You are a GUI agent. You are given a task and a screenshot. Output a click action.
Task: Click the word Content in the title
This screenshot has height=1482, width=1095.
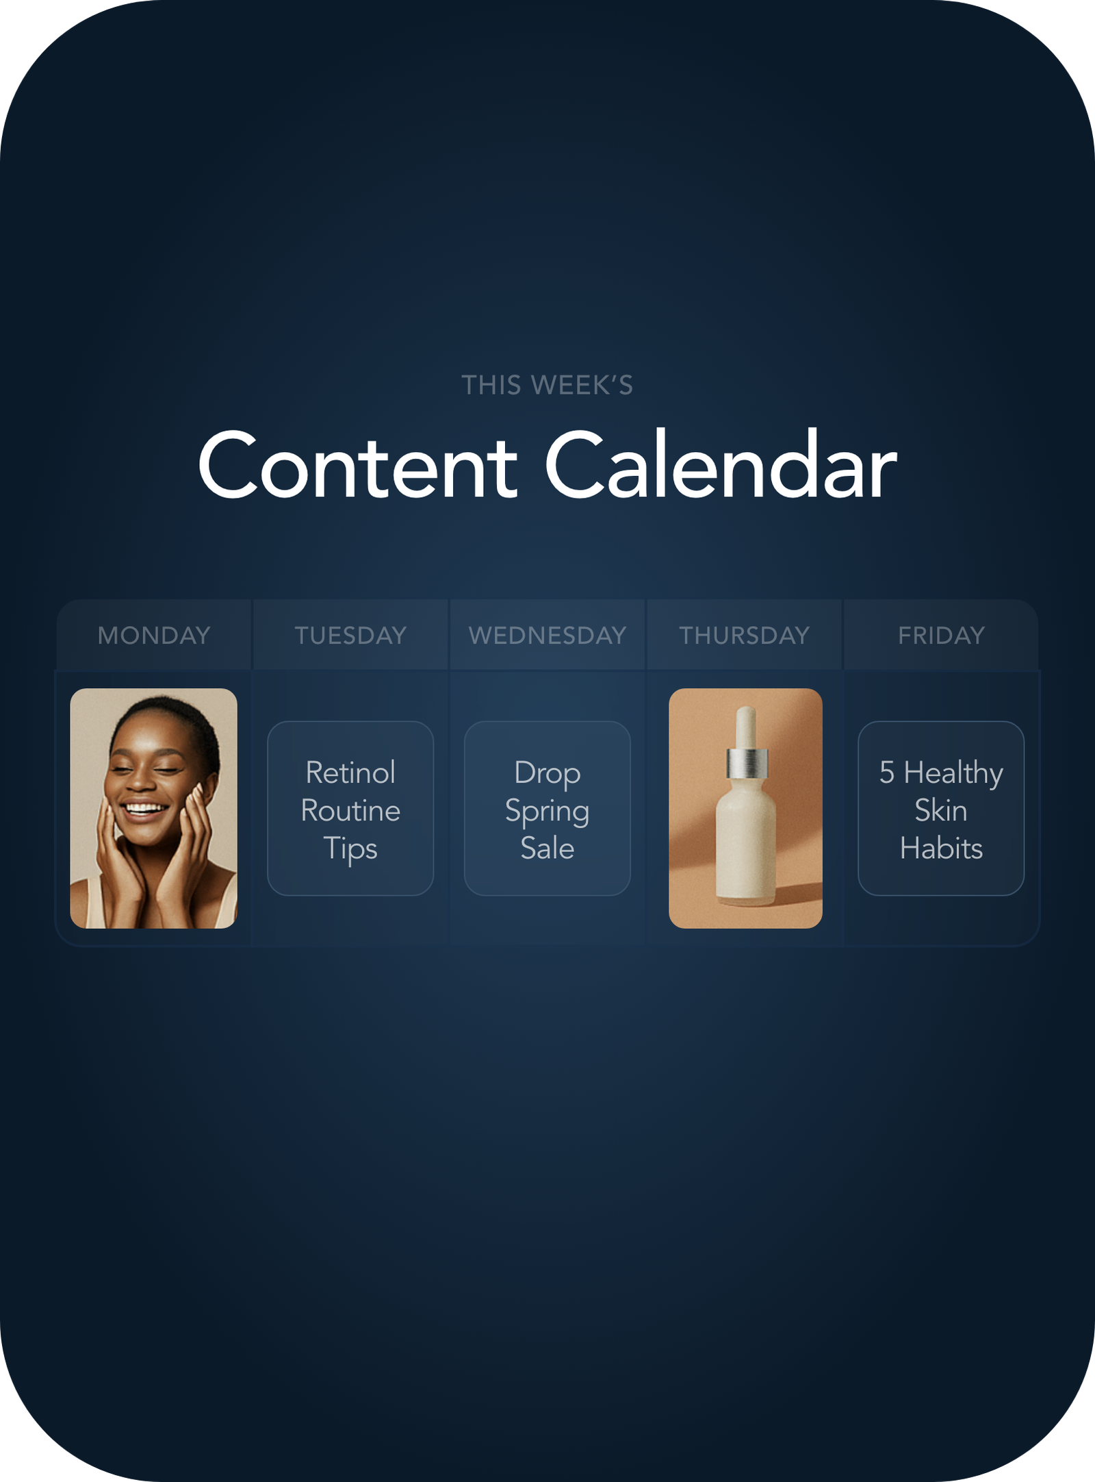click(x=357, y=466)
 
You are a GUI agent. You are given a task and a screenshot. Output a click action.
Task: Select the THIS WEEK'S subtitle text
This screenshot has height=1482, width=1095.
click(x=547, y=385)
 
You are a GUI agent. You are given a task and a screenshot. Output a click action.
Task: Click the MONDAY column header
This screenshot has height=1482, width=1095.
click(x=154, y=636)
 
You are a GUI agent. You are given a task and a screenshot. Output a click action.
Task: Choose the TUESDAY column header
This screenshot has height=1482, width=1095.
click(x=350, y=636)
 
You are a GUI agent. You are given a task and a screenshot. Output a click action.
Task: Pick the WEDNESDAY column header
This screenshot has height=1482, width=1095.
click(x=547, y=636)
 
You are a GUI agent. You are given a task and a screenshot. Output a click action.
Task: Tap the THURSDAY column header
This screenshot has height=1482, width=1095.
click(x=745, y=636)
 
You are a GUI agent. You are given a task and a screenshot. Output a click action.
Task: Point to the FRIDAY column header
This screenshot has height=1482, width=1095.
click(x=942, y=636)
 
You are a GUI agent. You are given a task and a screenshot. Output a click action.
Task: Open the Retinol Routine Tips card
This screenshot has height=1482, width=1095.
click(x=350, y=808)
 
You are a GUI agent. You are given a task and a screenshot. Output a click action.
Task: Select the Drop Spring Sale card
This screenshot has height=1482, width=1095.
click(x=547, y=808)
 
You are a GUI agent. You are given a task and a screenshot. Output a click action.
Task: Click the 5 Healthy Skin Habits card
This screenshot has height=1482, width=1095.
click(x=941, y=808)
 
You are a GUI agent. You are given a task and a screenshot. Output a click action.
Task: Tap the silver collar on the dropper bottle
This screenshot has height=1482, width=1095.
click(x=746, y=763)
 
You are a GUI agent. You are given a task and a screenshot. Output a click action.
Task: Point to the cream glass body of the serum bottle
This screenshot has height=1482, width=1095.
click(x=746, y=842)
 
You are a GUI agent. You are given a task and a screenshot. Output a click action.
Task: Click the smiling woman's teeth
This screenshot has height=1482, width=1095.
click(x=144, y=809)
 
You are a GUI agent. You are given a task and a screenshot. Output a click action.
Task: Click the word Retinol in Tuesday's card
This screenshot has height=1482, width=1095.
click(x=350, y=773)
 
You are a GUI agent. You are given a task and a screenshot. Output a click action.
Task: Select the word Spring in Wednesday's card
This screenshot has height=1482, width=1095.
click(x=547, y=812)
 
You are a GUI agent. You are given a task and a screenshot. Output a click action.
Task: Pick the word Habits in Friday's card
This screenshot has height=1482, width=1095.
click(x=942, y=849)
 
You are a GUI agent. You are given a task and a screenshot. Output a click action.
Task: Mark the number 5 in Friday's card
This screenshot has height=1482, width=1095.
click(x=887, y=773)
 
